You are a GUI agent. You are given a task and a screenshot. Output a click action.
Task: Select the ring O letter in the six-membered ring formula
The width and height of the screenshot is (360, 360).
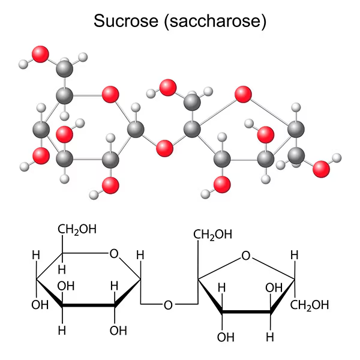pos(114,254)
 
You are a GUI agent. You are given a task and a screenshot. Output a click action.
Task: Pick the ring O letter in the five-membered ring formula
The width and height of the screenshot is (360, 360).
pos(245,256)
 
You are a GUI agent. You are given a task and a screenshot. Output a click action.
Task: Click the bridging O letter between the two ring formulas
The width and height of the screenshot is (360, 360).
pos(168,305)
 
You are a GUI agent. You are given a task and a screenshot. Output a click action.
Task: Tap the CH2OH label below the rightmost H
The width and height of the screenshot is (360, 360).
pos(310,305)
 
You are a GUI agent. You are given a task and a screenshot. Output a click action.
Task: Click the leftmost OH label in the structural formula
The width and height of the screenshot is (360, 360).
pos(40,305)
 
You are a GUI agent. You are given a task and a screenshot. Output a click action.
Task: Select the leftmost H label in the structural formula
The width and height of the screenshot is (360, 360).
pos(35,255)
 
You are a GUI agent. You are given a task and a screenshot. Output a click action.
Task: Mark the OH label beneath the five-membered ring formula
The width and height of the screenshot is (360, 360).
pos(226,337)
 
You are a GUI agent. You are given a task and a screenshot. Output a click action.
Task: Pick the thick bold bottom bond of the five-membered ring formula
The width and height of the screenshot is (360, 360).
pos(245,311)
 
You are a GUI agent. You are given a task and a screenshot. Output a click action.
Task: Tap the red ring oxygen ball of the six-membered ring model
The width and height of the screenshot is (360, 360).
pos(110,94)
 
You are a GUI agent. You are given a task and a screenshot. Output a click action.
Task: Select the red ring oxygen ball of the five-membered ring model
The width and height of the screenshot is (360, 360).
pos(243,94)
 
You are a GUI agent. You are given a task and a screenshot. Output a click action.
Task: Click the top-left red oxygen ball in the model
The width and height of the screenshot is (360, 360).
pos(41,54)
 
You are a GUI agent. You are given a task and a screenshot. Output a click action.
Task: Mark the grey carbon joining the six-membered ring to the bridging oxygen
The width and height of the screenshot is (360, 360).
pos(136,128)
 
